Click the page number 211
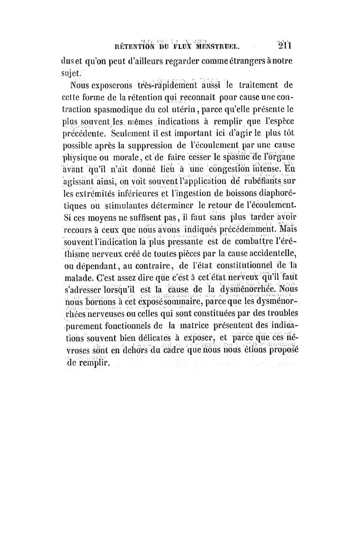coord(285,45)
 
